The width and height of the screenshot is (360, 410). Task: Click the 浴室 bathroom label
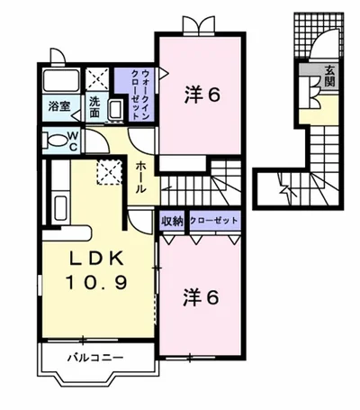[59, 106]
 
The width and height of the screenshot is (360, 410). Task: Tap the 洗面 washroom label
[94, 106]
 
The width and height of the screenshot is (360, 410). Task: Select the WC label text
[74, 141]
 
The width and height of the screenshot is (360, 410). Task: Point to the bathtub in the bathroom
[61, 80]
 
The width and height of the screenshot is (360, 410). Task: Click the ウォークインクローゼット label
[139, 95]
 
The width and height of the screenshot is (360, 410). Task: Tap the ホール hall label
[140, 178]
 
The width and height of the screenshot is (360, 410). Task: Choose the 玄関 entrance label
[329, 76]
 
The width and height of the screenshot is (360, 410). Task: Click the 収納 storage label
[172, 222]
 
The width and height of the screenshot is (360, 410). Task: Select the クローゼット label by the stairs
[213, 221]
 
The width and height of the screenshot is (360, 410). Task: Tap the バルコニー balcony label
[95, 358]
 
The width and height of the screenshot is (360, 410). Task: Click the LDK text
[97, 259]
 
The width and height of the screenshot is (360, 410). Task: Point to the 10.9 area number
[96, 283]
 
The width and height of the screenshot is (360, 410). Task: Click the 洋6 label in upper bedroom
[202, 95]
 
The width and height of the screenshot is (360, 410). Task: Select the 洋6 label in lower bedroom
[201, 297]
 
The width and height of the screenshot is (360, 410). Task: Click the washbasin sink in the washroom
[116, 110]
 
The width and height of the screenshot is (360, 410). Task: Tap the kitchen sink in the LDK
[60, 208]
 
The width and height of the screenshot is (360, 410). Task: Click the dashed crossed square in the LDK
[109, 172]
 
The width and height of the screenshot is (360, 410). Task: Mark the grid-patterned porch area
[319, 35]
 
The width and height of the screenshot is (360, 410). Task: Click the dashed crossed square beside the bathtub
[97, 79]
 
